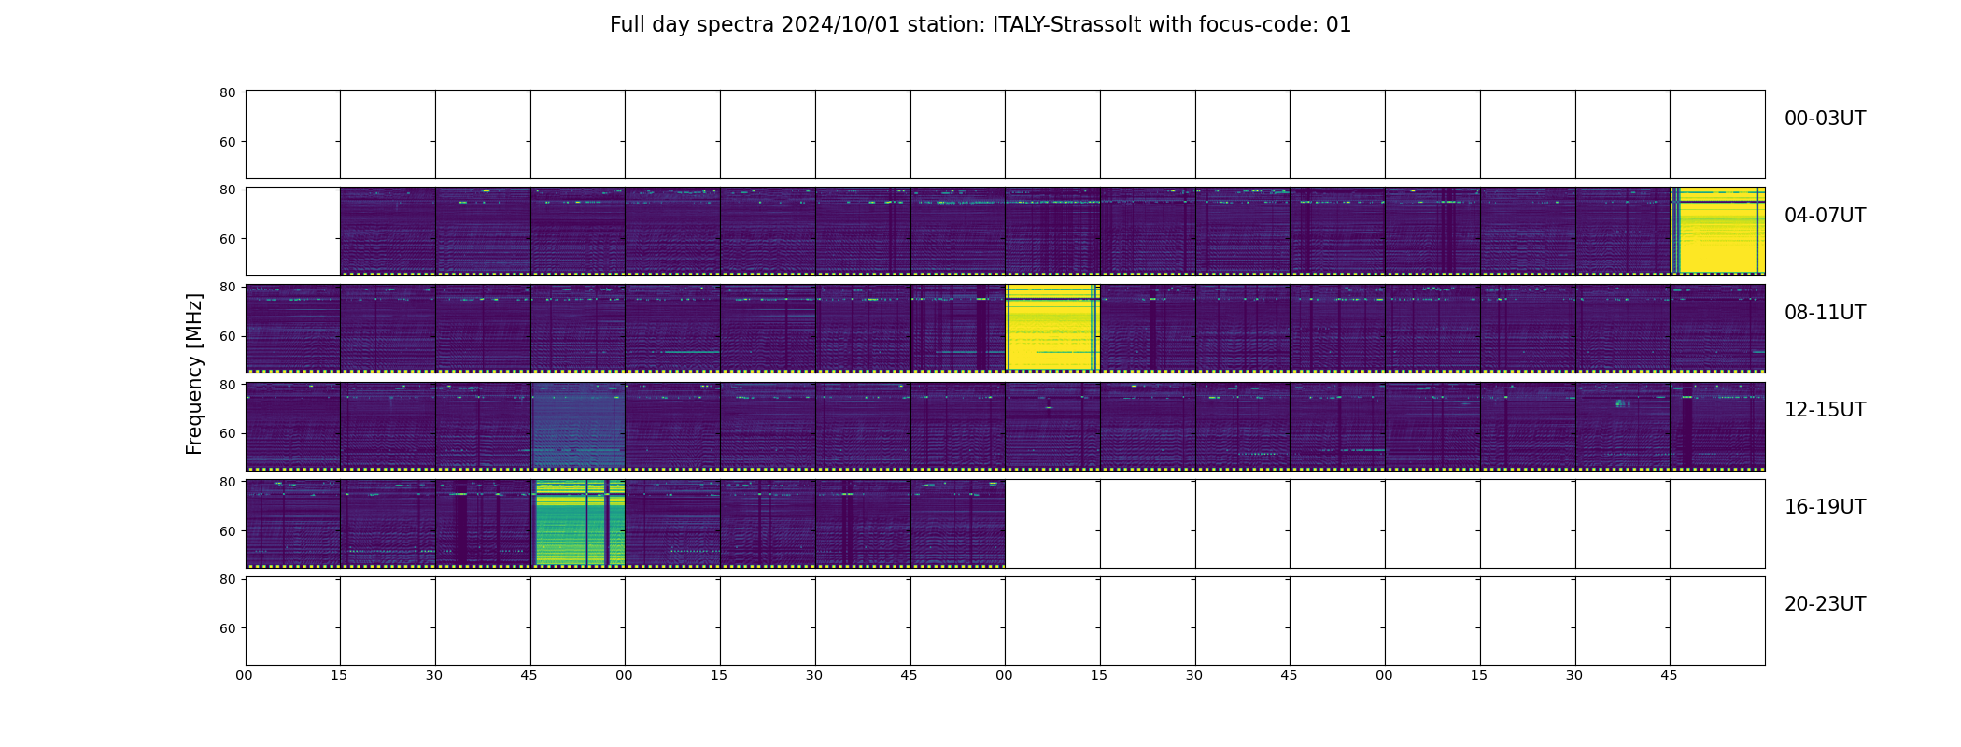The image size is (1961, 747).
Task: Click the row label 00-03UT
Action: coord(1825,119)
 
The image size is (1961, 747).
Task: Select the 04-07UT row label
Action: coord(1825,216)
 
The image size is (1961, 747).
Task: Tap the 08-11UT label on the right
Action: coord(1825,313)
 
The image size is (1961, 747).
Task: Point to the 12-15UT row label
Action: coord(1825,410)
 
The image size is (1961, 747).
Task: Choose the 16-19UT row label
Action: coord(1825,507)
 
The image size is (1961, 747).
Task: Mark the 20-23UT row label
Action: coord(1825,604)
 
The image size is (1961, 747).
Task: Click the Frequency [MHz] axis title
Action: coord(194,373)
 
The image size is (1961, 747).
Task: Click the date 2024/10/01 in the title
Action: coord(840,25)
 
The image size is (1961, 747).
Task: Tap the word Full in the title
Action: coord(628,25)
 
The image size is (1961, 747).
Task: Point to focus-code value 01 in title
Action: coord(1338,25)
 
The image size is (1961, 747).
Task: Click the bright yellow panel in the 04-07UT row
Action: coord(1717,231)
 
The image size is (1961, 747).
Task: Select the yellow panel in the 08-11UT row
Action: coord(1052,328)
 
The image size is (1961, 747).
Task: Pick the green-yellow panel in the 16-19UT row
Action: coord(578,523)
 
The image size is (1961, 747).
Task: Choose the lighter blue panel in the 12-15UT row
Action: coord(578,426)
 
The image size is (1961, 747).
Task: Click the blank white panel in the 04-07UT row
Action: coord(293,232)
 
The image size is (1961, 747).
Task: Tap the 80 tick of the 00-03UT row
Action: coord(227,92)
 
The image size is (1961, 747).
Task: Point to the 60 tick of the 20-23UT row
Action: coord(227,628)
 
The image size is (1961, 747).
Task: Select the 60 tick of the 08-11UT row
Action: coord(227,336)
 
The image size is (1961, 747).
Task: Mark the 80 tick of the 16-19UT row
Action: coord(227,482)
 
